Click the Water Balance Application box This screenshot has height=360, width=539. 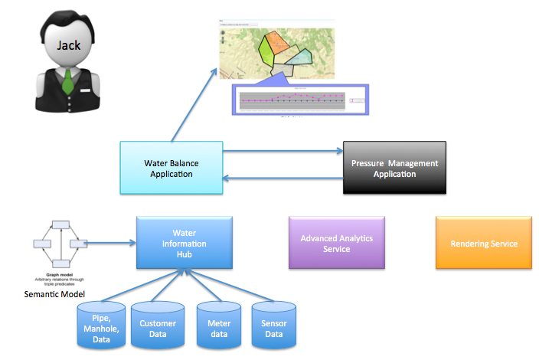(x=171, y=168)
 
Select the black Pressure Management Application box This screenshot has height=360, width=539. (x=394, y=169)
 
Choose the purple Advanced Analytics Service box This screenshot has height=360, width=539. (x=337, y=243)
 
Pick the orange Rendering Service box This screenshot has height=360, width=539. (x=484, y=243)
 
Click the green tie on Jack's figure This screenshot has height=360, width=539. (x=68, y=80)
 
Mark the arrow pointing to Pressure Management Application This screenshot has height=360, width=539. (x=283, y=152)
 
